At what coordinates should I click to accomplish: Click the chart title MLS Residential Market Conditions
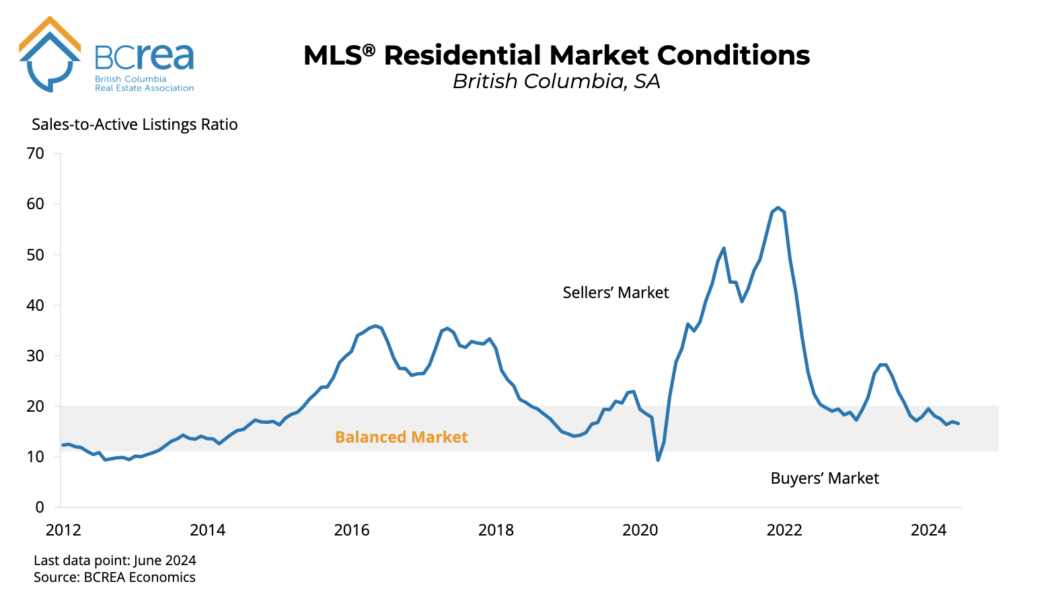click(x=556, y=55)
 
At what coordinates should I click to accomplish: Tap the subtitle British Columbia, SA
click(x=556, y=81)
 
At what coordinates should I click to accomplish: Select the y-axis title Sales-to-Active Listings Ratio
click(x=135, y=124)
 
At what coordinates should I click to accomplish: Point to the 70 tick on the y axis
click(x=36, y=153)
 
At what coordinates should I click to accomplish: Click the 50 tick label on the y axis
click(x=36, y=254)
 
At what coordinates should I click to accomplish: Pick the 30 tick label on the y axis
click(x=36, y=356)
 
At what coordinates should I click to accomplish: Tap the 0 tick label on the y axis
click(x=40, y=507)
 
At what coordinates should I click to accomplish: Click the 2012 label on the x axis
click(x=63, y=530)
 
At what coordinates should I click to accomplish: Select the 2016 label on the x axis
click(x=352, y=530)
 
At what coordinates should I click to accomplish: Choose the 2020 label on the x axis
click(x=640, y=530)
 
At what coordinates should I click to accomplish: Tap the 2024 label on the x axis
click(x=928, y=530)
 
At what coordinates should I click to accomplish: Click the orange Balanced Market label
click(x=401, y=437)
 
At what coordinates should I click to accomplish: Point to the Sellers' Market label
click(x=615, y=293)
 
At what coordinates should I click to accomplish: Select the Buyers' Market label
click(x=825, y=478)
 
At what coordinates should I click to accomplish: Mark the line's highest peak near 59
click(x=778, y=208)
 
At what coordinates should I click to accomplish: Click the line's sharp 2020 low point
click(x=658, y=460)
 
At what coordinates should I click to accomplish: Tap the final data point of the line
click(x=958, y=423)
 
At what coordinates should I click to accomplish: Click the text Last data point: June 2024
click(x=115, y=560)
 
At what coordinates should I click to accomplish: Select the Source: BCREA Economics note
click(x=114, y=577)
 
